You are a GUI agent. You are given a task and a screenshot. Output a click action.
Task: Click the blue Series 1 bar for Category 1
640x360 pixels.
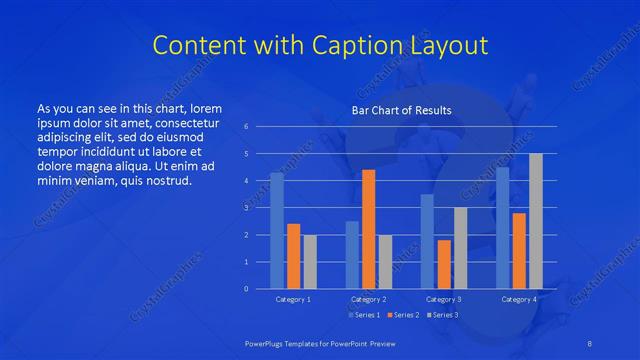(x=277, y=231)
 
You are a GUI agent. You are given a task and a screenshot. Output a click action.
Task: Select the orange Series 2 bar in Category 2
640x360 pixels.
(x=368, y=229)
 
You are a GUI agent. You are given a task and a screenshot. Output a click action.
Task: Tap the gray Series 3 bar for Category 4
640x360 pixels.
(x=535, y=221)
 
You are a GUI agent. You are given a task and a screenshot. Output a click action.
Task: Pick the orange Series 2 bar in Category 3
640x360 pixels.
(x=443, y=264)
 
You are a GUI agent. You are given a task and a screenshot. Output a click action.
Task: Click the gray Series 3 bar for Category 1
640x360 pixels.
(x=310, y=262)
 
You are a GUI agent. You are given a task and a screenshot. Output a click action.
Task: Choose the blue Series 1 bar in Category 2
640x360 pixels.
(x=352, y=255)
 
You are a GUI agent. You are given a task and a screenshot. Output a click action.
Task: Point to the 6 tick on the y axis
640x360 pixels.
(x=246, y=127)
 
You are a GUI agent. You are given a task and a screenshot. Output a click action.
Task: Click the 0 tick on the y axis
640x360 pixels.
(x=246, y=289)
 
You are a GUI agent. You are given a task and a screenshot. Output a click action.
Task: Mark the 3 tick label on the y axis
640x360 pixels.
(x=246, y=208)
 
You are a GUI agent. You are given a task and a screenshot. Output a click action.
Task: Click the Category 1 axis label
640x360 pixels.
(x=294, y=299)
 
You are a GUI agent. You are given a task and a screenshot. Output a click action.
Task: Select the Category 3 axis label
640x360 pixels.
(x=443, y=299)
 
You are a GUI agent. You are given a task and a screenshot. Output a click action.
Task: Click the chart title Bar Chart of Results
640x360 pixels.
(x=401, y=110)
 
